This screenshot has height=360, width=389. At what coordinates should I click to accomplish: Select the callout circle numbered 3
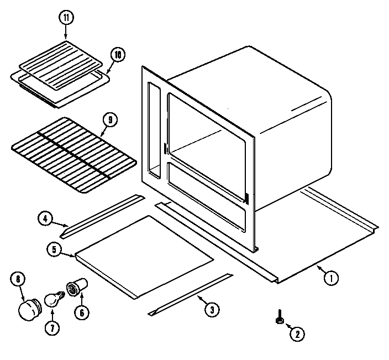point(210,310)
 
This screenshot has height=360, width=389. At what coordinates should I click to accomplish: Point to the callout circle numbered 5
point(54,250)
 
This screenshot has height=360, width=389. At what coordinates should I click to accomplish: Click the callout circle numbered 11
point(66,18)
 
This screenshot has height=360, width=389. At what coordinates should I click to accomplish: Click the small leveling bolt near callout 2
point(280,319)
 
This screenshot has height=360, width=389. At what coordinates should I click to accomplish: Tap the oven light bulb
point(54,299)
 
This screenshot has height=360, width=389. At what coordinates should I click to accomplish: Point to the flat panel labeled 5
point(145,256)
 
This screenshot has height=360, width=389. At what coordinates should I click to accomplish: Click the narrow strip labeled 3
point(191,294)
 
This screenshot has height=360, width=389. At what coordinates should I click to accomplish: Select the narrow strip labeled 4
point(102,215)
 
